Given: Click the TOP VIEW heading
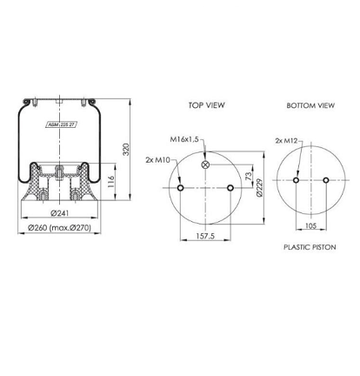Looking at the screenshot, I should point(206,104).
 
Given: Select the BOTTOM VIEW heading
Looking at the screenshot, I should point(310,104).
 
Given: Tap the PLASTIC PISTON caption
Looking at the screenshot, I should point(310,246).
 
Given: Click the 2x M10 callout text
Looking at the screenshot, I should point(159,159).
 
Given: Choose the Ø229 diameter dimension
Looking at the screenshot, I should point(260,187).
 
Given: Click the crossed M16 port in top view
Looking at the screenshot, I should point(205,165).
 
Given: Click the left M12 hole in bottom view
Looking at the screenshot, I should point(297,180).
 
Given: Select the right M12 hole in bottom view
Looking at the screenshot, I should point(324,180).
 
